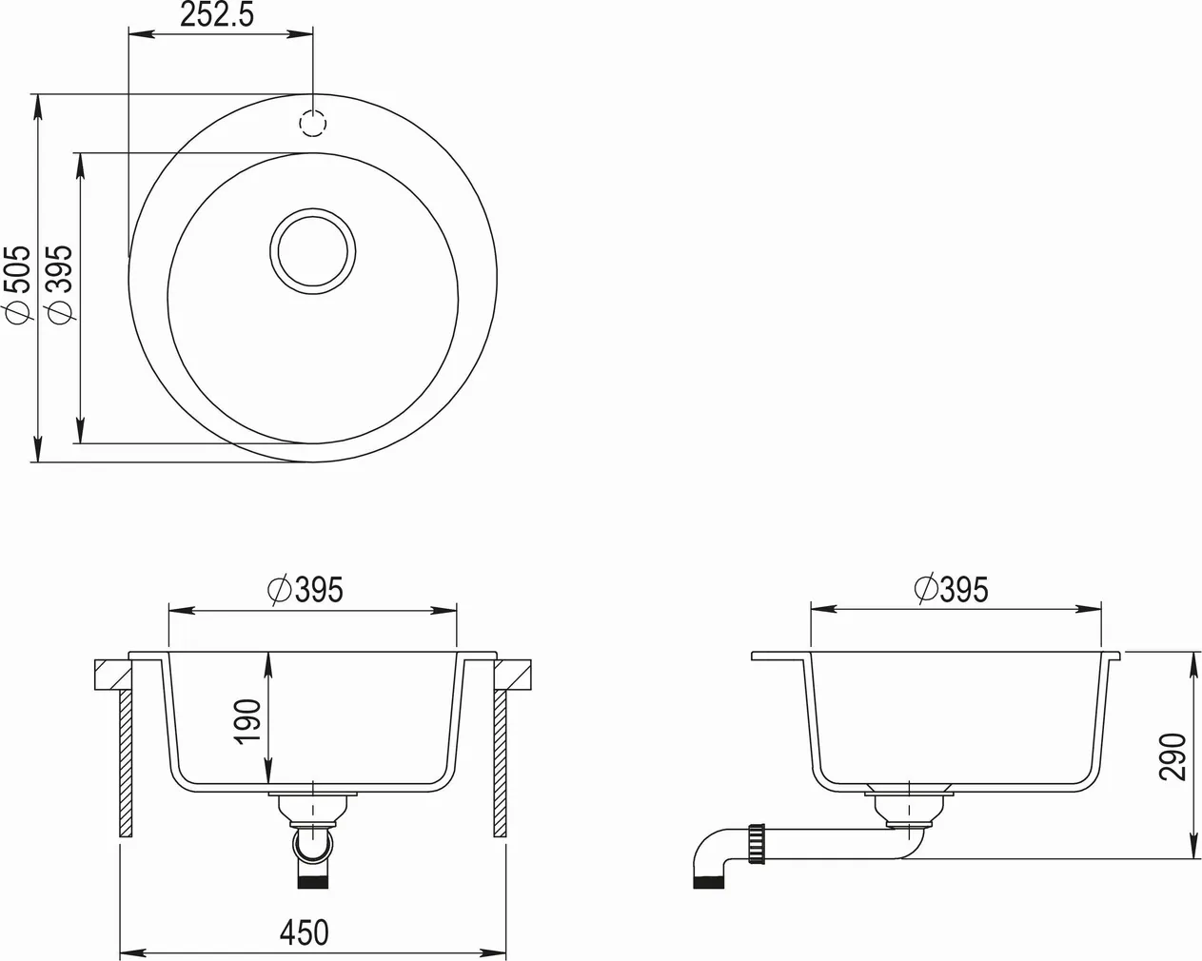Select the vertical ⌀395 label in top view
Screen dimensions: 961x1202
click(x=59, y=283)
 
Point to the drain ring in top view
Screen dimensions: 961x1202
click(x=313, y=247)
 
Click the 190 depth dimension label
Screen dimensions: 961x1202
click(x=246, y=722)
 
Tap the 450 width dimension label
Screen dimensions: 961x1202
click(x=304, y=932)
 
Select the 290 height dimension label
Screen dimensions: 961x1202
click(x=1172, y=756)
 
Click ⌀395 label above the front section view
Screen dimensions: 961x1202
click(x=305, y=590)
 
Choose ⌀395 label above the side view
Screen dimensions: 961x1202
click(x=951, y=590)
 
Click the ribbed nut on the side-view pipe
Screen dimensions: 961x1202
click(x=759, y=844)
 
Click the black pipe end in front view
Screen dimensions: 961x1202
click(x=313, y=880)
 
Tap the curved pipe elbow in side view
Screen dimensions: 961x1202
click(x=712, y=853)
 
